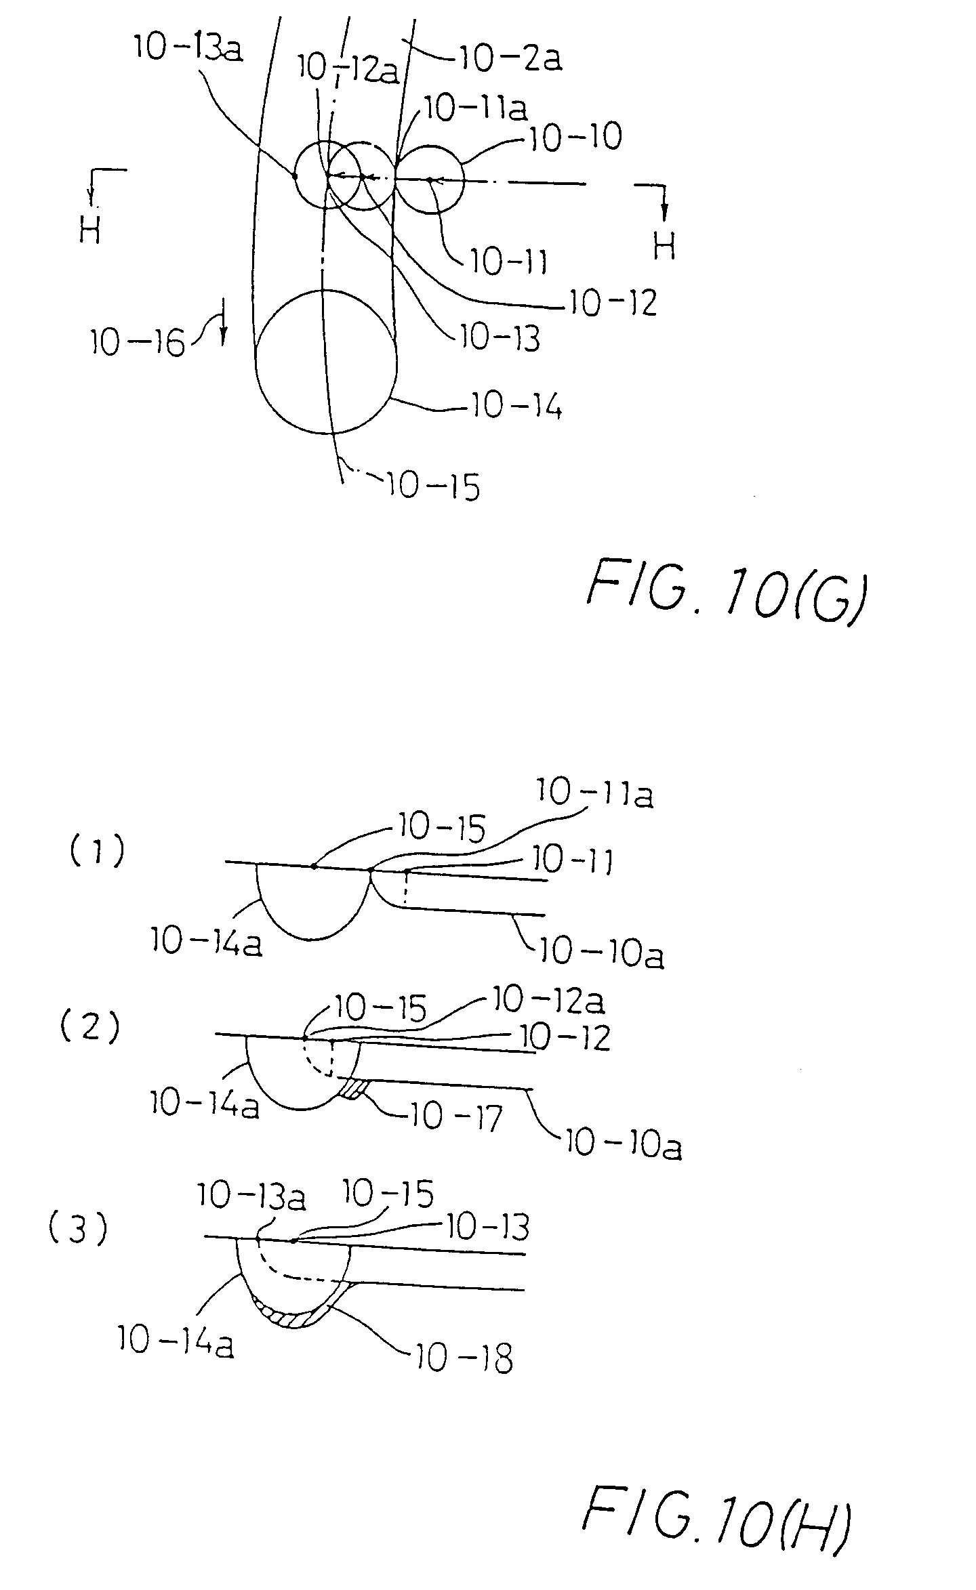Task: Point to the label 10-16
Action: (x=138, y=343)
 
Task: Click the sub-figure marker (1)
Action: (x=98, y=852)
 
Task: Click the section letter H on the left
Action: (x=90, y=232)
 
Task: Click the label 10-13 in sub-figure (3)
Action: (x=485, y=1227)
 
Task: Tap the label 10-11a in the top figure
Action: (x=476, y=110)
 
